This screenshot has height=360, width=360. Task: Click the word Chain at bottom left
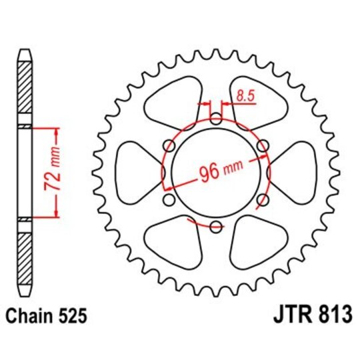click(29, 314)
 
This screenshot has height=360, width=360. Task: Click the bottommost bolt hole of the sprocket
click(215, 227)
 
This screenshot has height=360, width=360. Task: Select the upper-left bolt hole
click(168, 145)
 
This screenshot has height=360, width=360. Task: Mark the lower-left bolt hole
click(168, 200)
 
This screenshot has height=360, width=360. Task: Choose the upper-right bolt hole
click(262, 145)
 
